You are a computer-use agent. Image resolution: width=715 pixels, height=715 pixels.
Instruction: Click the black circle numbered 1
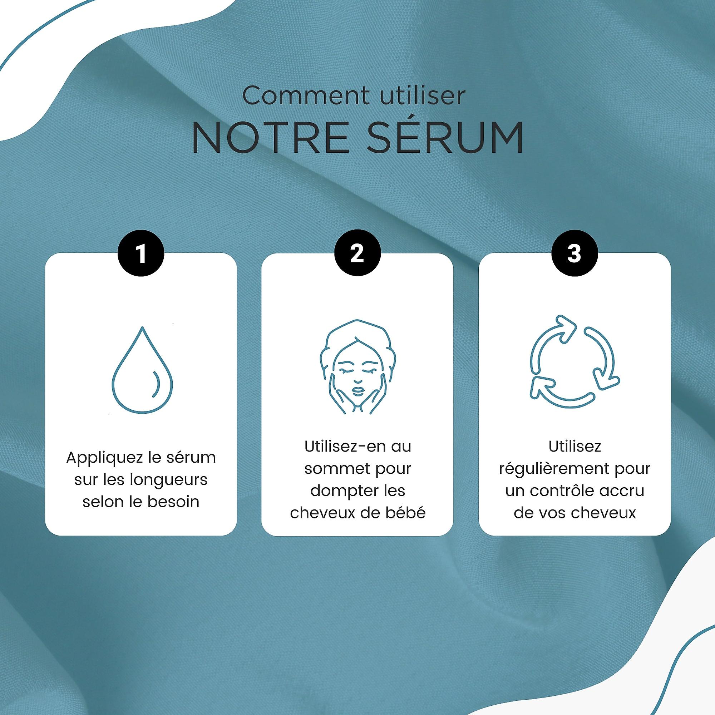pyautogui.click(x=141, y=253)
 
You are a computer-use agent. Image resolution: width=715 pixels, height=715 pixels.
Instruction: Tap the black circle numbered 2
pyautogui.click(x=357, y=253)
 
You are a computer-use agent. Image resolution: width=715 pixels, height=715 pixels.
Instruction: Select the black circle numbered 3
pyautogui.click(x=575, y=253)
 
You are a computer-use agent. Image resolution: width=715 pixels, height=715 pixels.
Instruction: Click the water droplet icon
pyautogui.click(x=143, y=370)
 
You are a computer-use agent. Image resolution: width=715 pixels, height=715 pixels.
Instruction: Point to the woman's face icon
pyautogui.click(x=357, y=366)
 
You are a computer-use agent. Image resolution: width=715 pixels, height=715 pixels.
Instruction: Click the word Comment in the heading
pyautogui.click(x=306, y=96)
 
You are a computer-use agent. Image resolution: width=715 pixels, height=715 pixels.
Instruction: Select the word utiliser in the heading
pyautogui.click(x=421, y=96)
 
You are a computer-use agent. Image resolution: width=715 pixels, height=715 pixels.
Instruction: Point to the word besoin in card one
pyautogui.click(x=174, y=502)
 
